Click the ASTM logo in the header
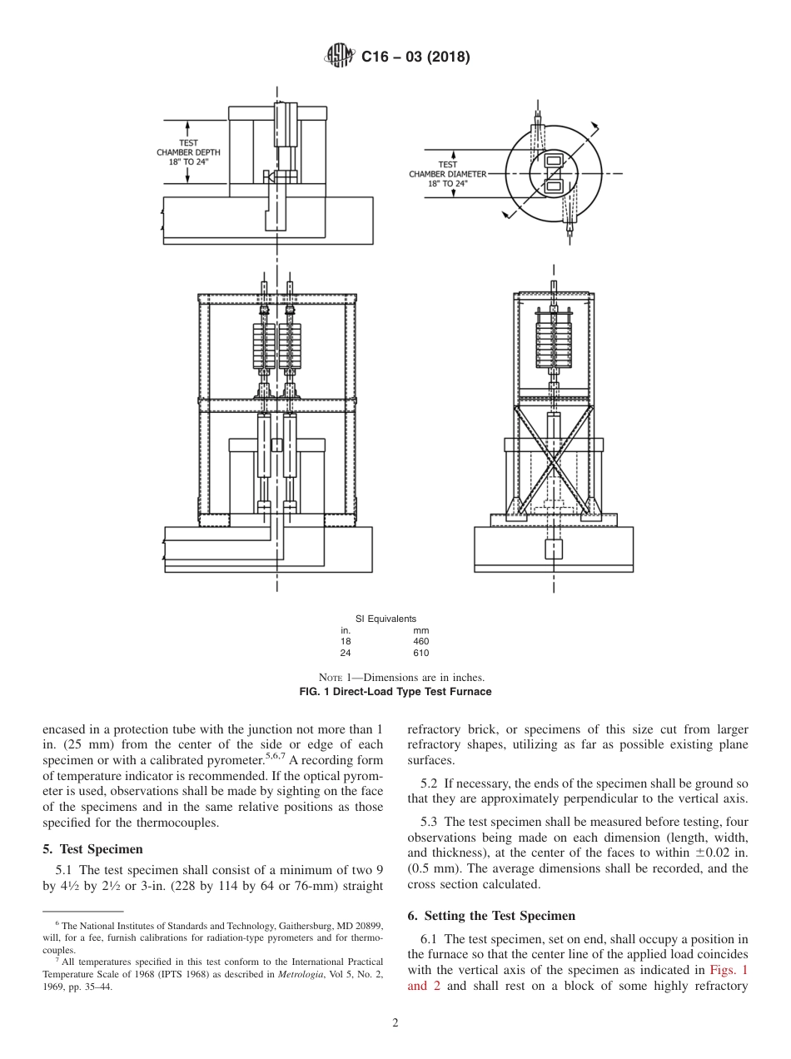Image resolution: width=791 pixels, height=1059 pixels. click(340, 57)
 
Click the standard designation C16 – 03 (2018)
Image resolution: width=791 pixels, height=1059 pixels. click(415, 57)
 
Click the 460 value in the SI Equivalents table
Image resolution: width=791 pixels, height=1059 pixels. click(420, 642)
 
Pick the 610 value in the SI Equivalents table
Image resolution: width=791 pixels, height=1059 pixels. click(420, 653)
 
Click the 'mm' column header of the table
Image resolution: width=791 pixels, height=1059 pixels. click(420, 631)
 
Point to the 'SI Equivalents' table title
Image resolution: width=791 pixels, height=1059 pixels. click(386, 619)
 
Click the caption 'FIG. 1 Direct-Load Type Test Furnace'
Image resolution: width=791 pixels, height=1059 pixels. click(395, 692)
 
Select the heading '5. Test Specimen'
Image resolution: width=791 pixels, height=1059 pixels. click(92, 849)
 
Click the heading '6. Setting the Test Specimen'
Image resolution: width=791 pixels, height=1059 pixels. click(491, 916)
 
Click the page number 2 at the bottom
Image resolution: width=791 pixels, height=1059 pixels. click(395, 1024)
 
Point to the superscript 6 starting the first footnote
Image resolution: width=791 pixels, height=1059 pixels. click(57, 924)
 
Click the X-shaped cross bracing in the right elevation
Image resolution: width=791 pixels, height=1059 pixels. click(553, 463)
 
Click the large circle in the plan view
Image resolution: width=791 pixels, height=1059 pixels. click(554, 174)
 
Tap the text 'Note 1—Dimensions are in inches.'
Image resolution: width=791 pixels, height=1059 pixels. click(395, 678)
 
